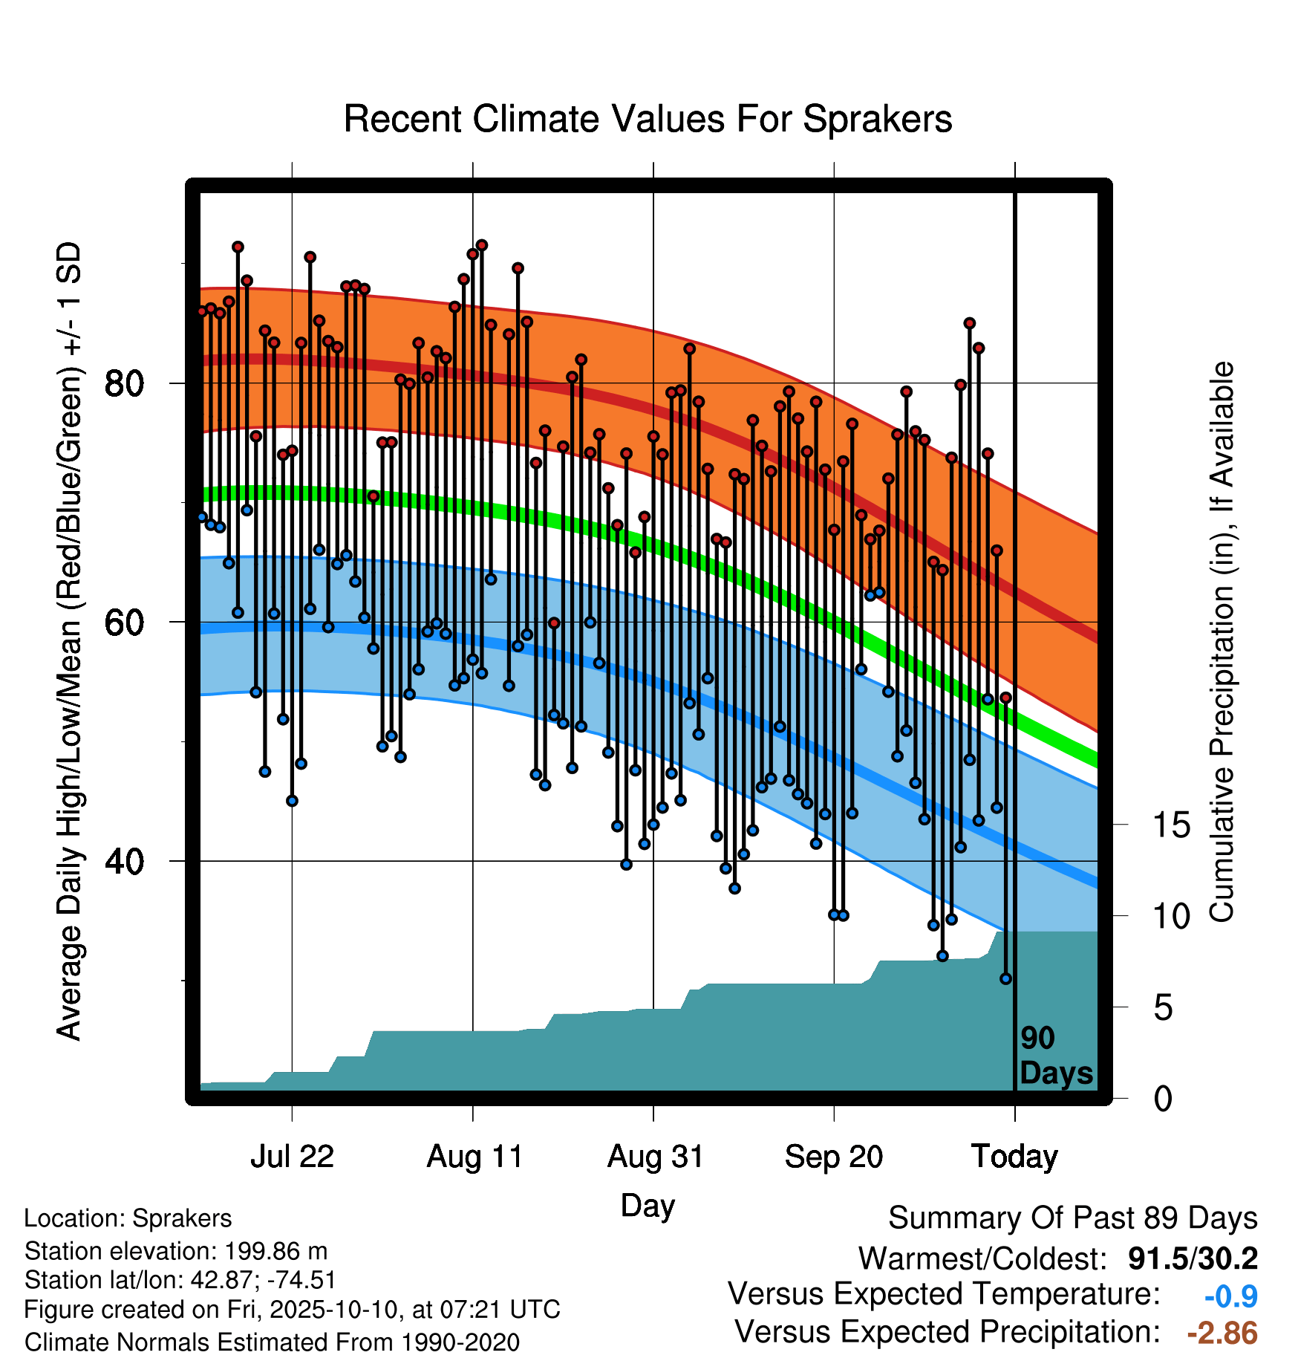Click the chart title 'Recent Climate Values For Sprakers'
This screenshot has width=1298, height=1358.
[x=648, y=119]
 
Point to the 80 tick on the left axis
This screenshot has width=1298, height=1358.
[x=124, y=383]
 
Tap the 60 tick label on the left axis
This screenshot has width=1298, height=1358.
[x=124, y=623]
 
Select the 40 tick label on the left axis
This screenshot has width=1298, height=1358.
[x=124, y=862]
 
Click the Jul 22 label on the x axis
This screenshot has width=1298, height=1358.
[x=292, y=1157]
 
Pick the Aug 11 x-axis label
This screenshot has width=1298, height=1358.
[x=474, y=1157]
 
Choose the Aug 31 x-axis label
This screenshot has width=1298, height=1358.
[x=655, y=1157]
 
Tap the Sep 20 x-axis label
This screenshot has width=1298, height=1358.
[x=834, y=1157]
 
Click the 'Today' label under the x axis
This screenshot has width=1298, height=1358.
[x=1015, y=1157]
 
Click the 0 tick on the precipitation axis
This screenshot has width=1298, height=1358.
[x=1164, y=1098]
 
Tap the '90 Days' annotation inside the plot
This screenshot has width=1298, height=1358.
[x=1056, y=1056]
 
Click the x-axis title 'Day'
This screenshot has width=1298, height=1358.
[x=648, y=1206]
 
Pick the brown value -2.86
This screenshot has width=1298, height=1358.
[x=1222, y=1333]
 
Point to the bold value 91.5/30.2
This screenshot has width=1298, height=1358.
[x=1193, y=1258]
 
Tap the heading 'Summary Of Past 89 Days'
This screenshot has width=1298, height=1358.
[x=1073, y=1218]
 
